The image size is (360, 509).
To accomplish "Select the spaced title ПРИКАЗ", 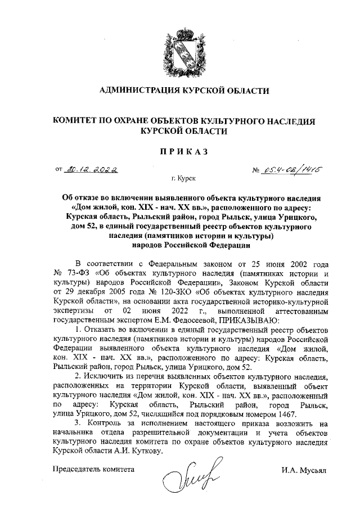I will [x=180, y=151].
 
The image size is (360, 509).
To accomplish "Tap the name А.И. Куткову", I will [x=137, y=451].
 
